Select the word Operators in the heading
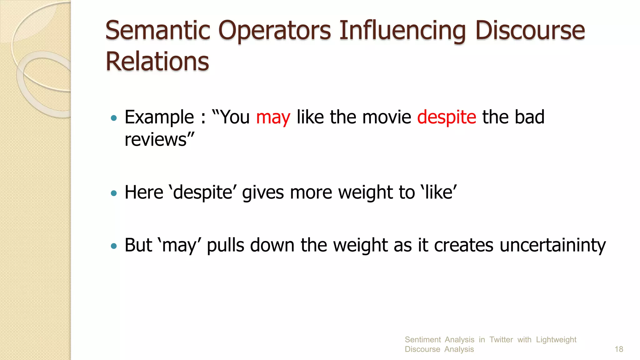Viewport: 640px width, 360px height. click(274, 31)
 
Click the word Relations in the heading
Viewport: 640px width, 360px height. click(157, 62)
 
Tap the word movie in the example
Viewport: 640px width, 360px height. click(387, 117)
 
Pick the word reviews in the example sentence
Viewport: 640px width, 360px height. click(156, 140)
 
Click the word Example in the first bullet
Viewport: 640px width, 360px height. click(159, 117)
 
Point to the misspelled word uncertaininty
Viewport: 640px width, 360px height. click(552, 245)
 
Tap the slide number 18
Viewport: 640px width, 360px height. click(619, 349)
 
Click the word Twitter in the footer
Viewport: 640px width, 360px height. click(501, 340)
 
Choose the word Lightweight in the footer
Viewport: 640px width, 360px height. click(556, 340)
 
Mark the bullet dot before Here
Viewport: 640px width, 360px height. click(114, 193)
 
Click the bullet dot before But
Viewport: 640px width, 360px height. click(114, 246)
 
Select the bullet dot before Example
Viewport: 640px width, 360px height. click(114, 118)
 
